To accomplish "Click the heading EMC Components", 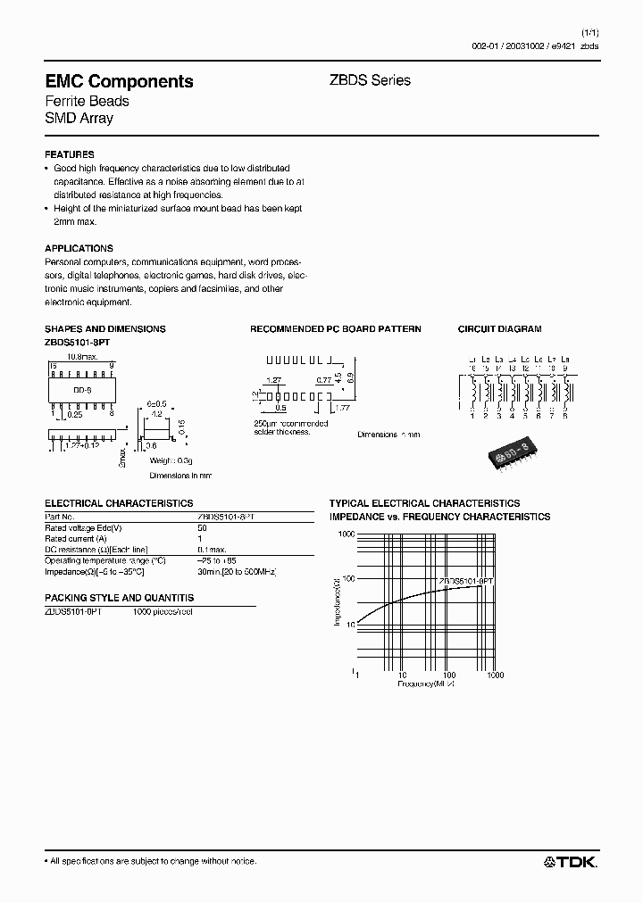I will (x=119, y=81).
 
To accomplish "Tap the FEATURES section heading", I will (x=69, y=154).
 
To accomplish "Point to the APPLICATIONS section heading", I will (x=79, y=248).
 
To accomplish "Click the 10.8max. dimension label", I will (x=82, y=355).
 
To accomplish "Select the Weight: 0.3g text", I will (x=171, y=460).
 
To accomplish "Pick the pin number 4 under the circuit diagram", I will (x=512, y=416).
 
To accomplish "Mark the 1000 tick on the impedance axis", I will (x=345, y=534).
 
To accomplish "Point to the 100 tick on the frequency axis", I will (x=448, y=675).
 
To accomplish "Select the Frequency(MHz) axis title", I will (x=426, y=683).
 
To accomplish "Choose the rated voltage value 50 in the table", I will (x=201, y=528).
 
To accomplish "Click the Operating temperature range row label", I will (x=104, y=560).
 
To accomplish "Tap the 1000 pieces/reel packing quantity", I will (x=163, y=611).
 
